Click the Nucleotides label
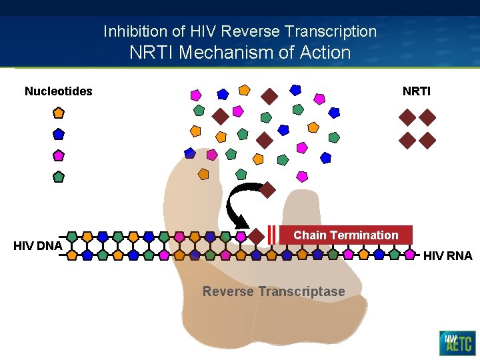click(x=58, y=91)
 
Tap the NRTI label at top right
click(x=416, y=91)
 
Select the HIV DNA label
click(x=37, y=246)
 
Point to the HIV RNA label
click(x=447, y=255)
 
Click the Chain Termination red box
click(x=345, y=235)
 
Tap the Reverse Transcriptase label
click(x=273, y=291)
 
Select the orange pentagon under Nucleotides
click(x=59, y=113)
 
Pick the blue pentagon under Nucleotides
click(x=59, y=134)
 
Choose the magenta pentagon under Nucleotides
click(x=59, y=155)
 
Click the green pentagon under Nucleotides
click(x=59, y=177)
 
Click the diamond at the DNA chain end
click(x=256, y=236)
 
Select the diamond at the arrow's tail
click(x=267, y=190)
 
